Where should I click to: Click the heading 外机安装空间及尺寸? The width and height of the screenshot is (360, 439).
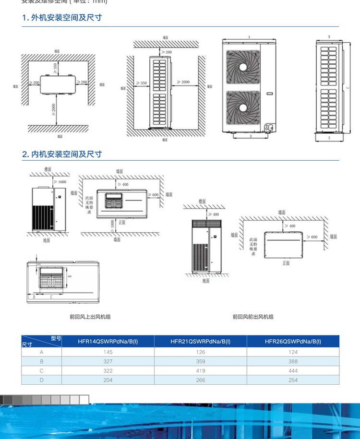click(62, 18)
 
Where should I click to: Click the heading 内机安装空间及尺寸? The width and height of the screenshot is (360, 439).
click(62, 154)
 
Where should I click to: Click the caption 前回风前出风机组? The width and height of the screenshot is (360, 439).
click(253, 317)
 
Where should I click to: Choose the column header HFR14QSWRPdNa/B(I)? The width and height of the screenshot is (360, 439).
click(108, 342)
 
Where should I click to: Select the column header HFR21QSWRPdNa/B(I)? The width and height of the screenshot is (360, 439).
click(201, 342)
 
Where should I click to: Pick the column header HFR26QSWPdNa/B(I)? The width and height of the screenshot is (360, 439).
click(293, 342)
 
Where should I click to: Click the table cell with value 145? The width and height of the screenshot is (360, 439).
click(108, 352)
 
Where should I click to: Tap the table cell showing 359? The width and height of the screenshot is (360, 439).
click(201, 361)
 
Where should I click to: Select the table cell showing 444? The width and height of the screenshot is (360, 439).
click(293, 371)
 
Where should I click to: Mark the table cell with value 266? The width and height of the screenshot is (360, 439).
click(201, 380)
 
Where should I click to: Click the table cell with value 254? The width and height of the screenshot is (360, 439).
click(293, 380)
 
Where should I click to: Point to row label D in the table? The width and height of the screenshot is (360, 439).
click(41, 380)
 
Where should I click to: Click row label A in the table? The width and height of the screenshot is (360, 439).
click(41, 352)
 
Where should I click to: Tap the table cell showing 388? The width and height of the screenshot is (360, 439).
click(293, 361)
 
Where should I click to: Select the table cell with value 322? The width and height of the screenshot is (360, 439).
click(108, 371)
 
